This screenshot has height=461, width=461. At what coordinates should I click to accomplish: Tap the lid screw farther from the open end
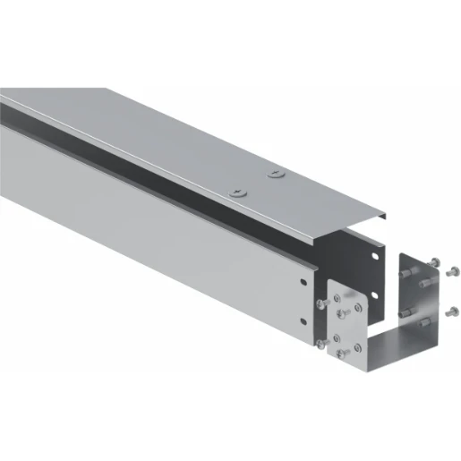(236, 191)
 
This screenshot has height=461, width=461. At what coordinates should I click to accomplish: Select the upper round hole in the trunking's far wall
(375, 256)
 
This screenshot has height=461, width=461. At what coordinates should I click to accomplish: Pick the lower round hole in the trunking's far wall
(374, 295)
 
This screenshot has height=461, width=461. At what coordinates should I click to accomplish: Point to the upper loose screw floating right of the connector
(453, 271)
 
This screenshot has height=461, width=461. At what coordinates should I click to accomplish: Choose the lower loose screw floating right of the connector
(452, 312)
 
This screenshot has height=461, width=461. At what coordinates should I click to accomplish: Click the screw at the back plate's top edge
(434, 261)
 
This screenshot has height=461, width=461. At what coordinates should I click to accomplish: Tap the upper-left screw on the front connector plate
(321, 304)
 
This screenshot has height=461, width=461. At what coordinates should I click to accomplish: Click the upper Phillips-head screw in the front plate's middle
(341, 313)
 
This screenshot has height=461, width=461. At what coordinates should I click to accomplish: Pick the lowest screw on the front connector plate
(341, 353)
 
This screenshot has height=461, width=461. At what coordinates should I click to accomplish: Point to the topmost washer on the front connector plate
(337, 298)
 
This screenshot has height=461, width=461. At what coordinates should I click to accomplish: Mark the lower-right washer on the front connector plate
(357, 348)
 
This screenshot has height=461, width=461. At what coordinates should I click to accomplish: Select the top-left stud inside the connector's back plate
(405, 273)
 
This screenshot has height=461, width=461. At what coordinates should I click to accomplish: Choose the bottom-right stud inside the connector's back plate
(424, 323)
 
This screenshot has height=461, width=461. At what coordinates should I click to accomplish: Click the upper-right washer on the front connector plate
(358, 307)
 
